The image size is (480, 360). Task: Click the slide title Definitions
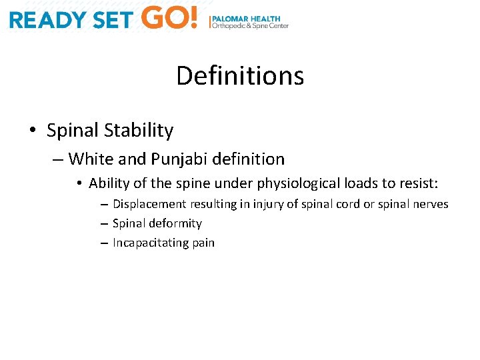(240, 76)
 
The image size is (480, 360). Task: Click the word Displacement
(150, 204)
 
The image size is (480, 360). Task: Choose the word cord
(348, 204)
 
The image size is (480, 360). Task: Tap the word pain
(203, 243)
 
